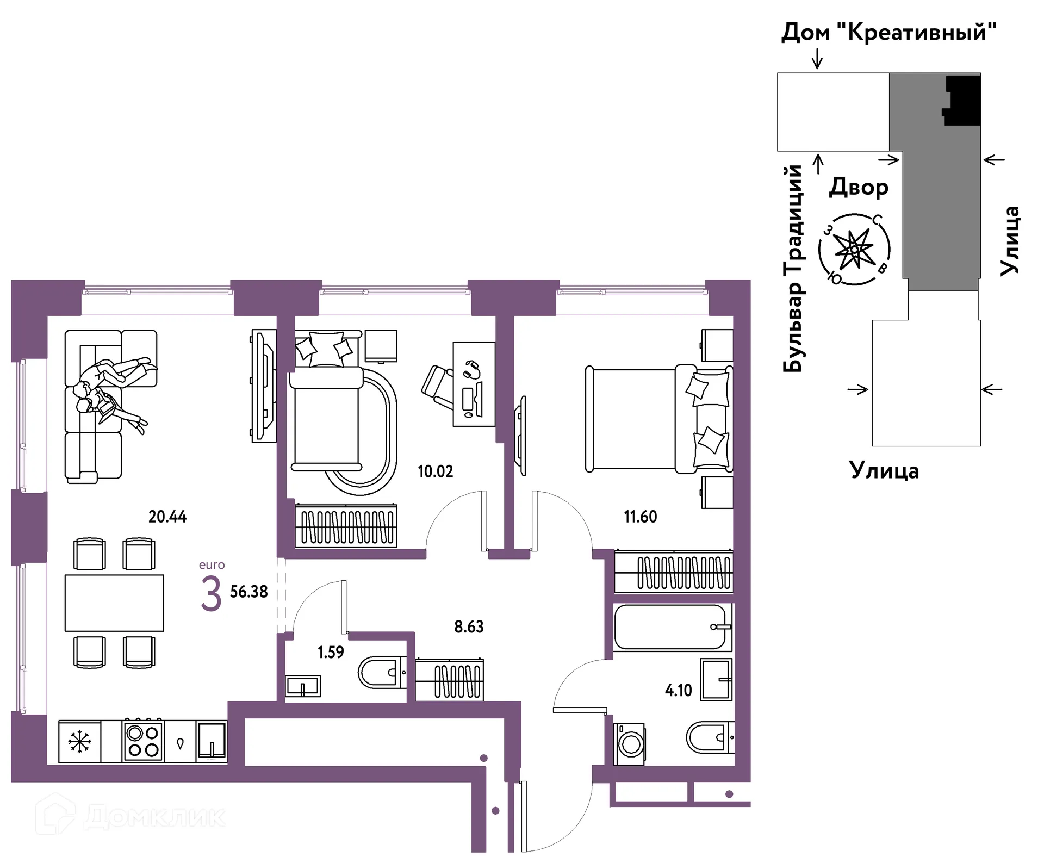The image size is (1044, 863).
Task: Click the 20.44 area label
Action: click(167, 516)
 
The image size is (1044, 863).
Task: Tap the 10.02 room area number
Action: click(435, 471)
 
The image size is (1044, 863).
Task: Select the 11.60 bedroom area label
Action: click(640, 516)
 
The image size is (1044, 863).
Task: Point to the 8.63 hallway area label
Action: click(469, 626)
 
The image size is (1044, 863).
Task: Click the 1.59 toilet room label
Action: click(331, 651)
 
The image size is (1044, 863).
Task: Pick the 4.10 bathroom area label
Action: click(678, 690)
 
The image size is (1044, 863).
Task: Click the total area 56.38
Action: click(248, 592)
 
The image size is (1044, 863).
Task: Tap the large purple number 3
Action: click(211, 594)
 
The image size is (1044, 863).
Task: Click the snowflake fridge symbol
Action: click(80, 742)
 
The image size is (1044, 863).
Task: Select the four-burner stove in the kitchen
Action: click(143, 741)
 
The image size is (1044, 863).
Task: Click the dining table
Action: click(114, 603)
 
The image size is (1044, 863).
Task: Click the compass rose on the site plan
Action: click(854, 250)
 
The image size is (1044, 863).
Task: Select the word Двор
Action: click(859, 188)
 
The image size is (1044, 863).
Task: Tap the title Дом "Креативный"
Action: click(889, 33)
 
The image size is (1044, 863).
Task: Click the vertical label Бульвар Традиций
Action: click(793, 268)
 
